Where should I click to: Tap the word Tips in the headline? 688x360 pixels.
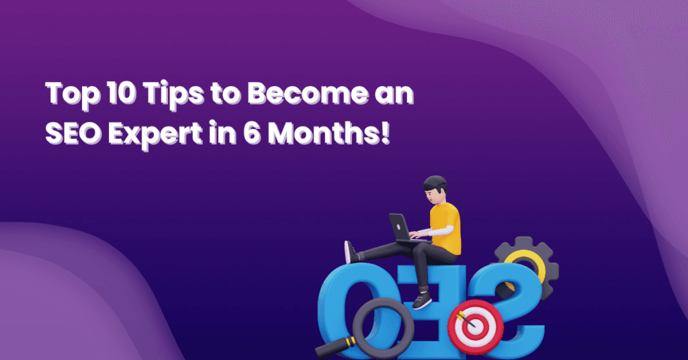(160, 95)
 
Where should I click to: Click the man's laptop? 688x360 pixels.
(400, 228)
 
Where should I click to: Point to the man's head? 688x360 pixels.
(435, 189)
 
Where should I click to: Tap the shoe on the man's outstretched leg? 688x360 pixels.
(349, 253)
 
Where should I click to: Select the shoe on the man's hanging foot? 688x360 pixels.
(421, 300)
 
